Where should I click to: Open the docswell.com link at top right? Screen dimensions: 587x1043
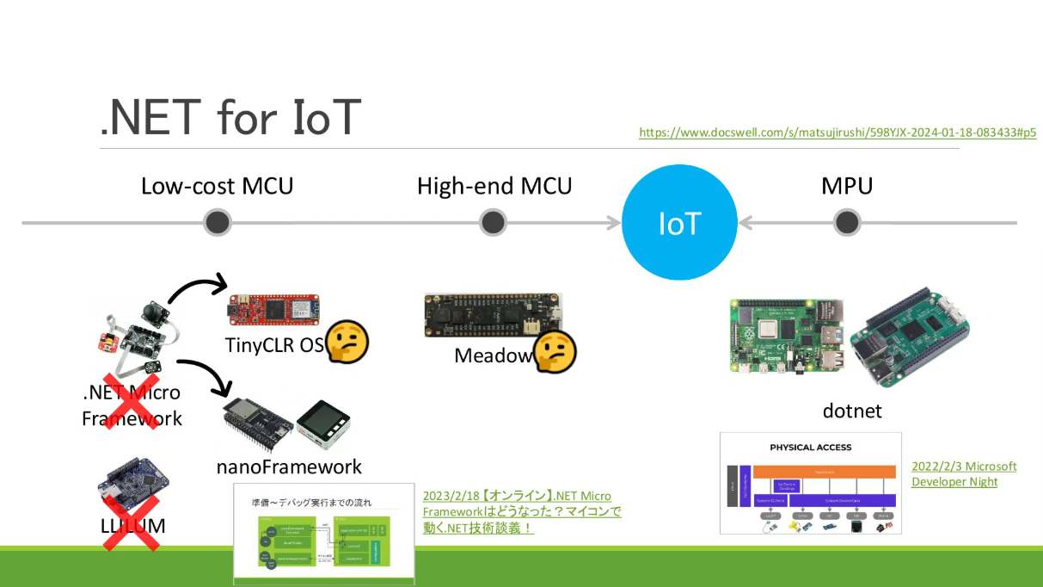[837, 133]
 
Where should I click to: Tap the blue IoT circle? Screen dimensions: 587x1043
[679, 223]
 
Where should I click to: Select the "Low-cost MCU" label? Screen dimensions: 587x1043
[217, 186]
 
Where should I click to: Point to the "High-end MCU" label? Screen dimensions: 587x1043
[494, 186]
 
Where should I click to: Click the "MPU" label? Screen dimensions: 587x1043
[847, 186]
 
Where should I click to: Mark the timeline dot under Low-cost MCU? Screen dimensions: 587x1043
[218, 223]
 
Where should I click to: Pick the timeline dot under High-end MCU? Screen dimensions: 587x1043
[493, 223]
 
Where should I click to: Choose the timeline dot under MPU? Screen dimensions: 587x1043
[847, 223]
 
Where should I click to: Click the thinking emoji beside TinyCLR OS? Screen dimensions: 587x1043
[347, 343]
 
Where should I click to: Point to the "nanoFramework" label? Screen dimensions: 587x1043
[289, 467]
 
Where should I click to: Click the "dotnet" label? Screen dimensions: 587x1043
[850, 411]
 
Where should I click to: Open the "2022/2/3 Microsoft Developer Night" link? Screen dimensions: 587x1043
[963, 473]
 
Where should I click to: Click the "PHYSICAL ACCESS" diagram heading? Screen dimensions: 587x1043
[810, 448]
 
